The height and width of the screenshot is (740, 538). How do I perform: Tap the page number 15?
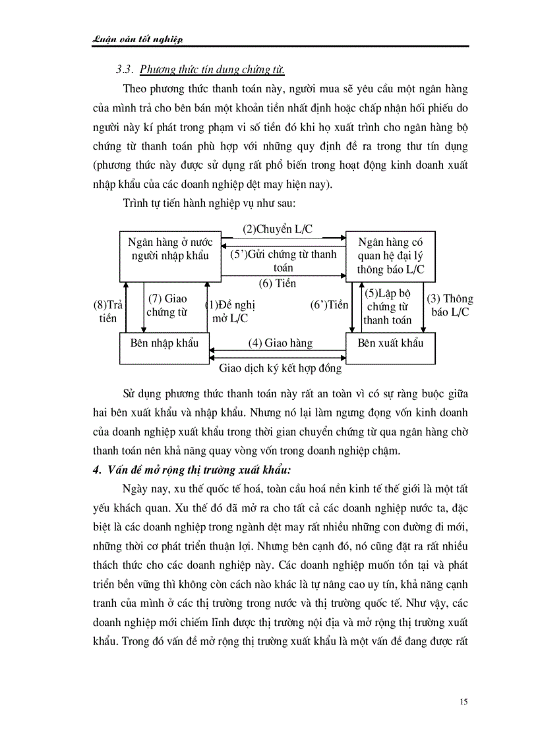point(463,701)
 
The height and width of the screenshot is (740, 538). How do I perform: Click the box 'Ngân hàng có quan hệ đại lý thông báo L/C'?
point(390,256)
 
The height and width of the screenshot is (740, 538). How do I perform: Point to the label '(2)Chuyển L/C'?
point(278,229)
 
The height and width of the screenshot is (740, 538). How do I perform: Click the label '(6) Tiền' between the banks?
point(277,283)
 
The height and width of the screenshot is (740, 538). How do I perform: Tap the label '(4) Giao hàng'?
point(280,343)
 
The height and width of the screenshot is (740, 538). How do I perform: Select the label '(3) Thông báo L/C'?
point(450,305)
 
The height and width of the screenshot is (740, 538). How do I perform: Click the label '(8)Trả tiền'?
point(108,312)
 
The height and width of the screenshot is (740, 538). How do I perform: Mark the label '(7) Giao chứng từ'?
point(167,305)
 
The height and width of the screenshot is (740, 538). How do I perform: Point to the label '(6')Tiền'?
point(328,305)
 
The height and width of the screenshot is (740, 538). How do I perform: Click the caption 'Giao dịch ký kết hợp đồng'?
point(280,368)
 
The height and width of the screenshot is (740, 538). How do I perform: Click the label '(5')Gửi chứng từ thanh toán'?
point(283,261)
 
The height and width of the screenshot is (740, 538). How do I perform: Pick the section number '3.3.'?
point(125,69)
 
